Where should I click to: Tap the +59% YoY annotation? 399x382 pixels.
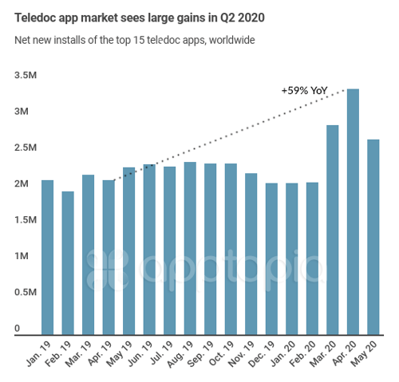(x=305, y=92)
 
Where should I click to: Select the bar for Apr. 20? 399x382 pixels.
(x=353, y=211)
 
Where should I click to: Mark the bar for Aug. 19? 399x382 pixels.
(x=190, y=248)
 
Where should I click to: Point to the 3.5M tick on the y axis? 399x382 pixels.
(x=26, y=75)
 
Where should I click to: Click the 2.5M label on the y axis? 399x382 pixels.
(x=26, y=148)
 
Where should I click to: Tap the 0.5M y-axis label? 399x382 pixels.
(x=26, y=293)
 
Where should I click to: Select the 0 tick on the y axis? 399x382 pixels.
(x=17, y=328)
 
